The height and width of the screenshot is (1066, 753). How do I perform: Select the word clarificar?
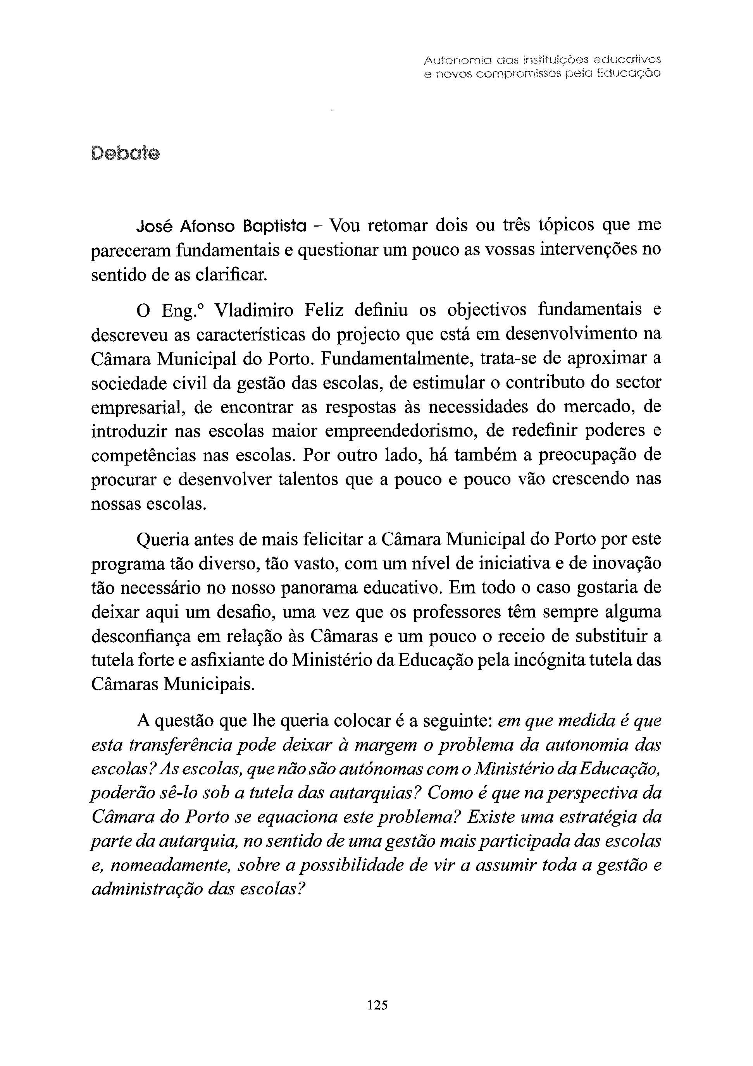231,275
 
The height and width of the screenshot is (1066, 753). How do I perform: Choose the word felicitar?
332,540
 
